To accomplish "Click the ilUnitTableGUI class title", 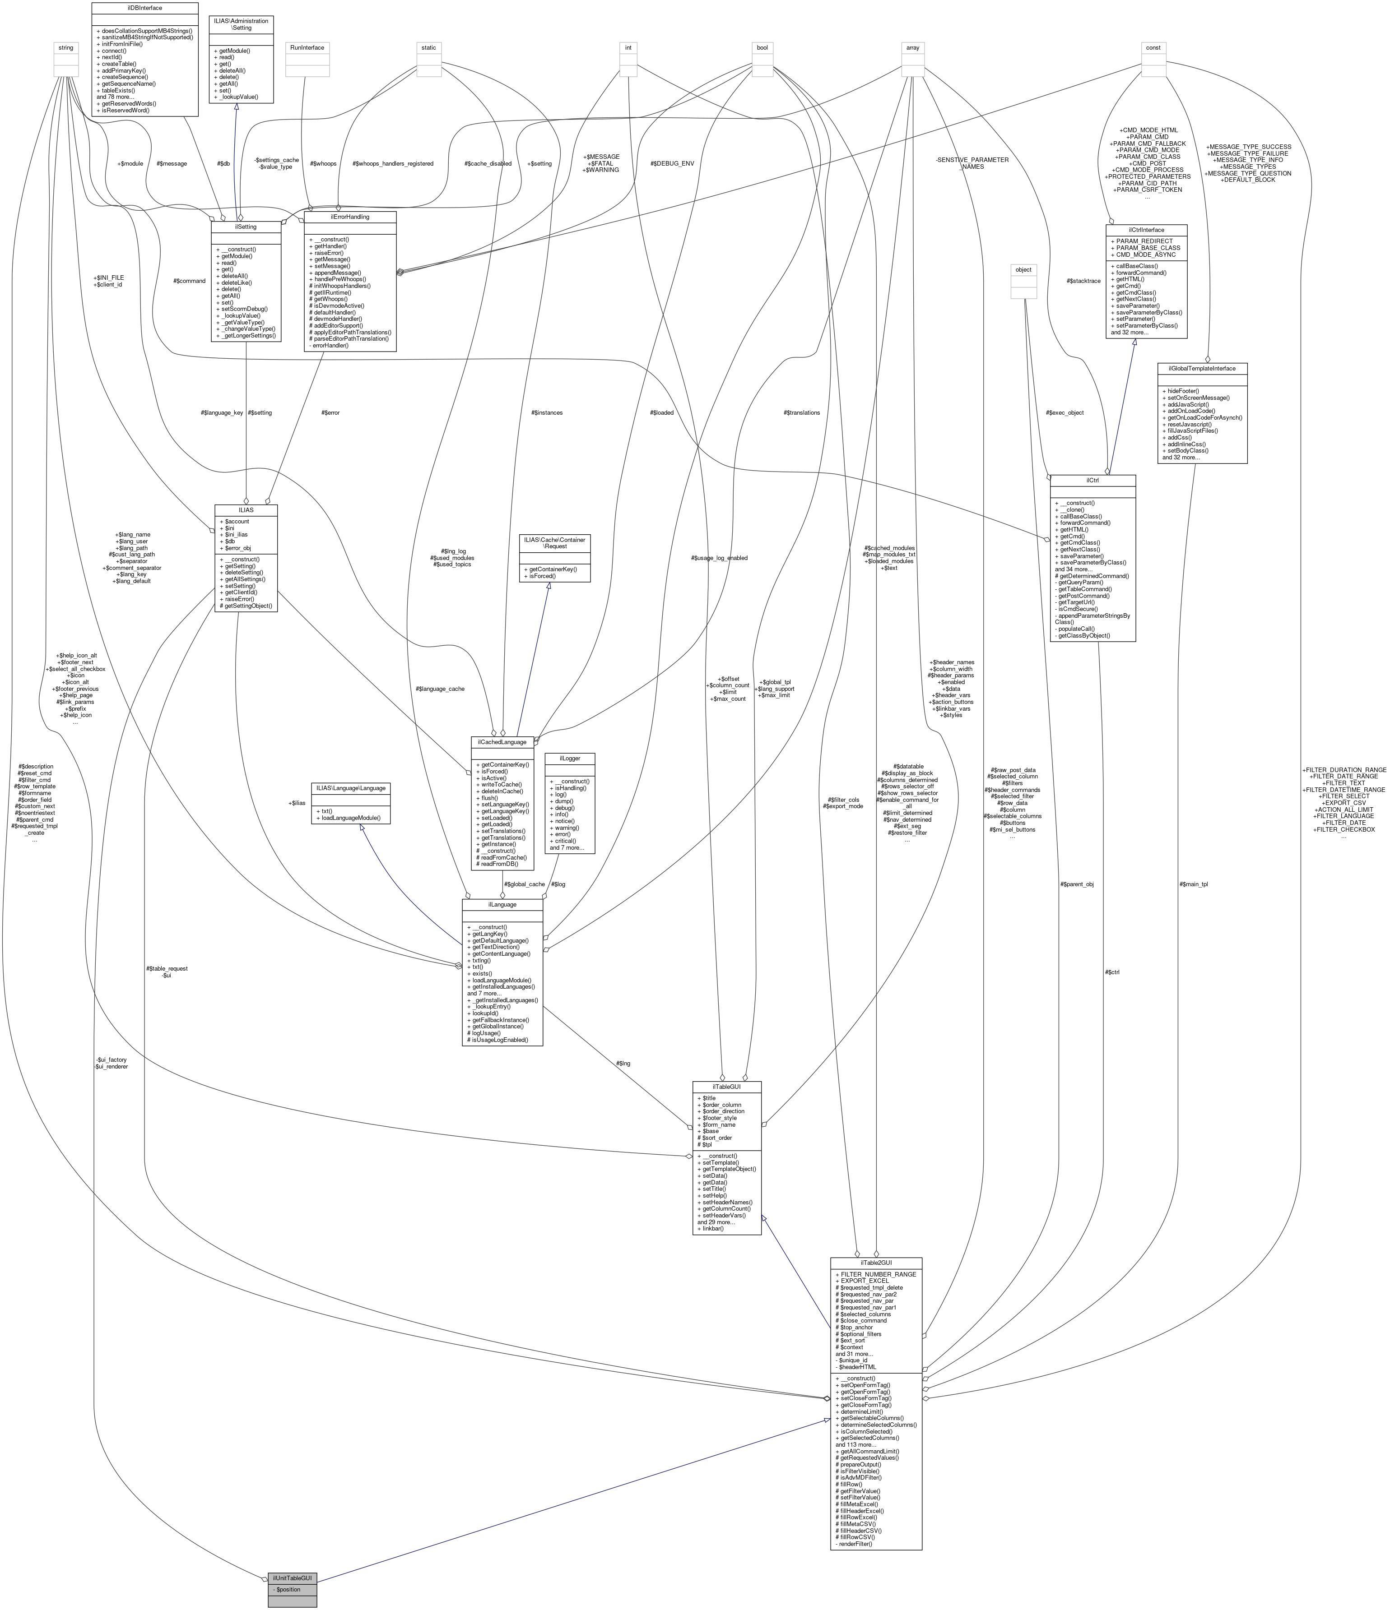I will pos(292,1578).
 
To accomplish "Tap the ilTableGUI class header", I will pos(726,1086).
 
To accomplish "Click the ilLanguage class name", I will pos(502,904).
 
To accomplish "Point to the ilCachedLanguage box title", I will pos(502,742).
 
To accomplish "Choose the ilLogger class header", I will pos(570,758).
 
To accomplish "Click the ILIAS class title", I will pos(246,510).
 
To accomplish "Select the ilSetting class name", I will pos(246,227).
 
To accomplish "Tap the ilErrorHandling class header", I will pos(350,217).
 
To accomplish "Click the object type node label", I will pos(1023,270).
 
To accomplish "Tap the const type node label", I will pos(1153,47).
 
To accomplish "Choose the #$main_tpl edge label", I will pos(1193,884).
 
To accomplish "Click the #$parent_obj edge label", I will pos(1077,884).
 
